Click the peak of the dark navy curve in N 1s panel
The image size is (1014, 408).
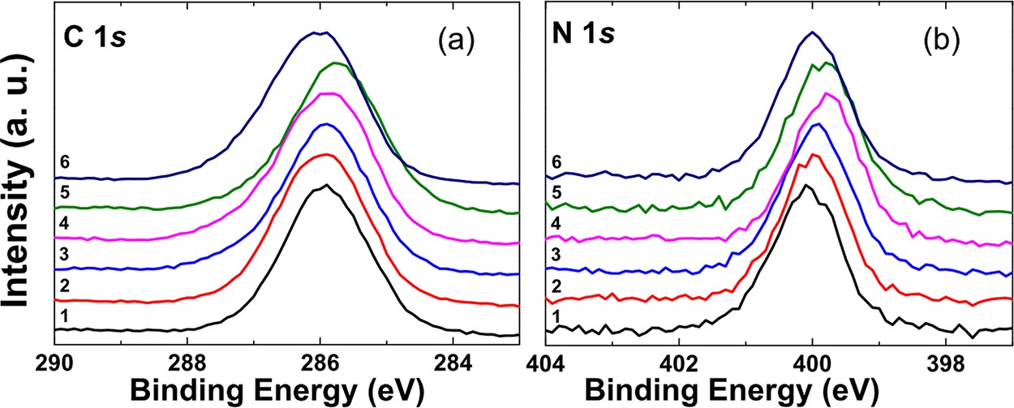click(812, 32)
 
